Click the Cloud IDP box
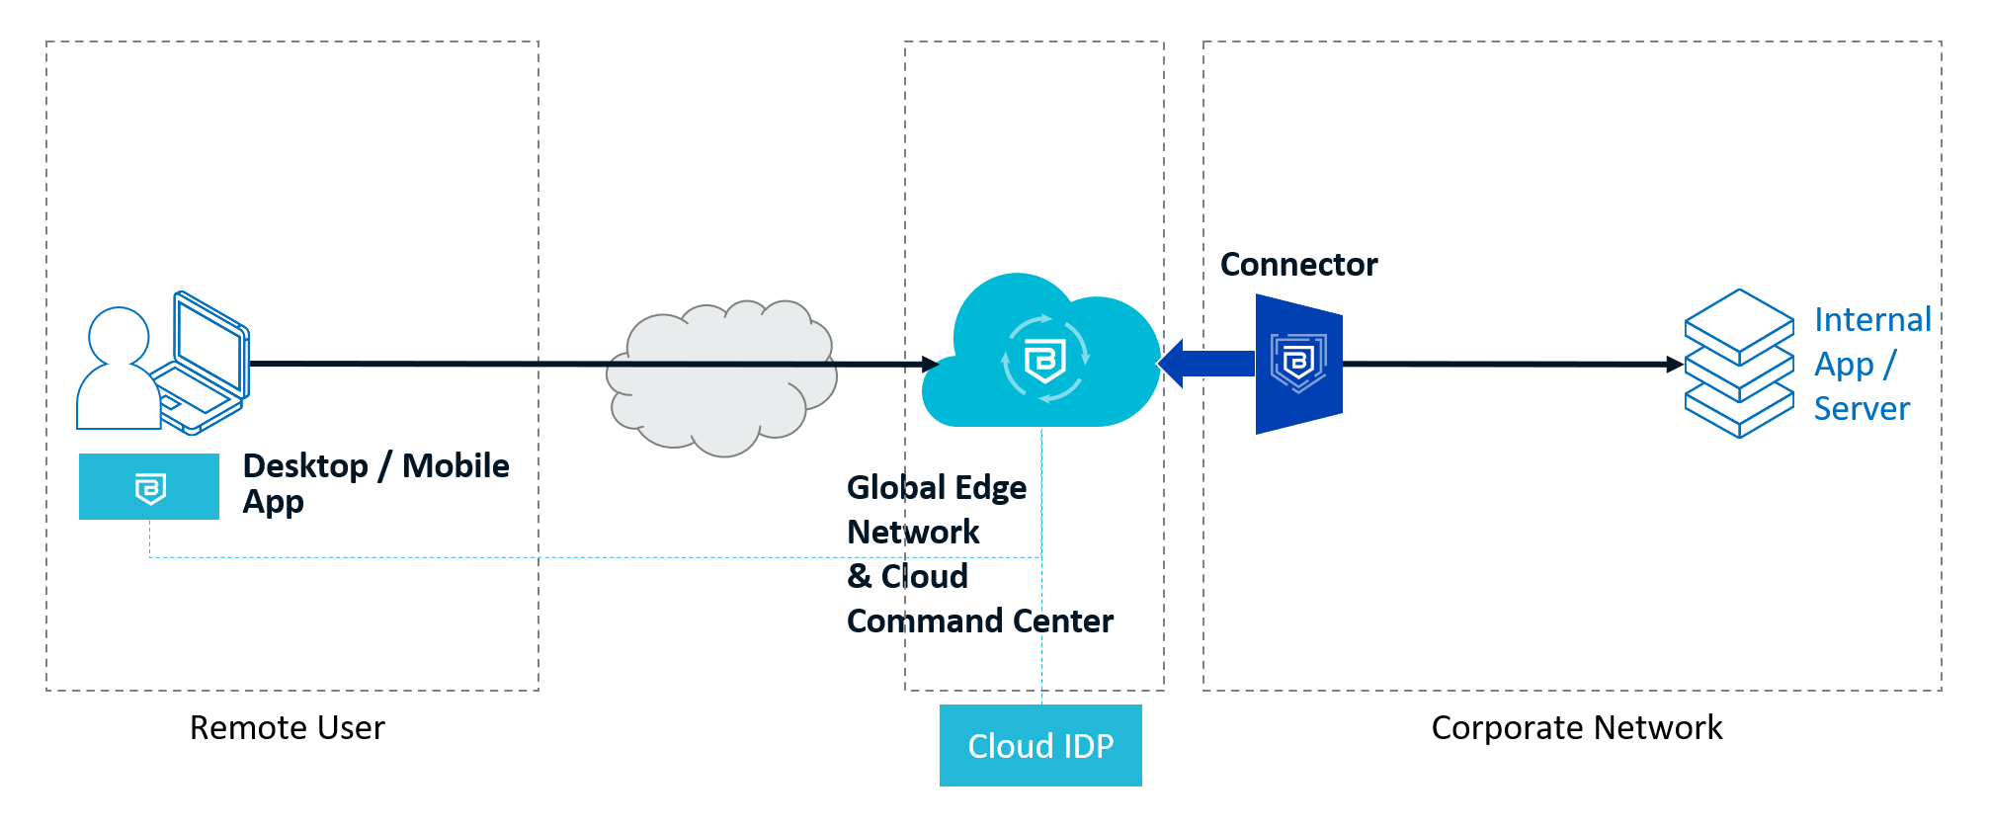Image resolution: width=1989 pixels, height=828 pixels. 1040,745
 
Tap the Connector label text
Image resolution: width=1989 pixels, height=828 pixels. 1298,265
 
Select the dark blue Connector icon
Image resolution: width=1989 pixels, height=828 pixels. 1298,364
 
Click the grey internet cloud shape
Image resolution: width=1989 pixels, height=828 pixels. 721,380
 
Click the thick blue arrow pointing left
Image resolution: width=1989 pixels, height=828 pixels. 1205,364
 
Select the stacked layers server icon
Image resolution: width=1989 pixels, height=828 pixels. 1738,364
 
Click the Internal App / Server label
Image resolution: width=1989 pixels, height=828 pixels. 1871,364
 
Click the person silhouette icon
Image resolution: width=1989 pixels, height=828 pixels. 118,371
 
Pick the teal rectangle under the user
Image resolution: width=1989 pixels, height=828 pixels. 149,486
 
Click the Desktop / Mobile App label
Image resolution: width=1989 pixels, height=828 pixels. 375,483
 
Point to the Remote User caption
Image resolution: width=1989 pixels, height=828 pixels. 287,728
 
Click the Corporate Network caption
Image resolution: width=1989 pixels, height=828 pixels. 1576,728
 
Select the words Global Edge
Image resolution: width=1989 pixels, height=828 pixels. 937,488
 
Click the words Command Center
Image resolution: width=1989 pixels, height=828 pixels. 980,621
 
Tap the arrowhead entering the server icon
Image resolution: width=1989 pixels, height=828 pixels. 1675,365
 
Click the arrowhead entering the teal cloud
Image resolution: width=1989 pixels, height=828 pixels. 930,365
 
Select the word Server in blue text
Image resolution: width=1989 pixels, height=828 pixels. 1862,409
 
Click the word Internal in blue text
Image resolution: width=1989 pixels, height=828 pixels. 1872,320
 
